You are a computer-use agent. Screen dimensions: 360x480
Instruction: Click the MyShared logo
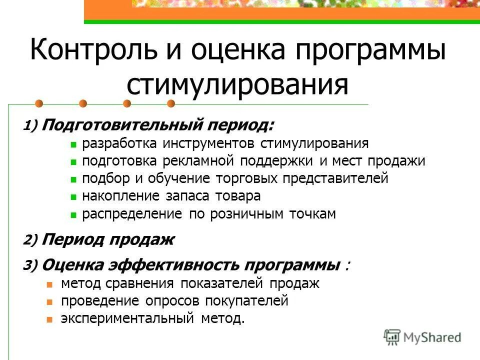[422, 337]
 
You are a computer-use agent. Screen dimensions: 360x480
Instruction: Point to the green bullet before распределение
[73, 215]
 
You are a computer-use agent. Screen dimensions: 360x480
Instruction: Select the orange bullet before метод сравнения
[49, 284]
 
